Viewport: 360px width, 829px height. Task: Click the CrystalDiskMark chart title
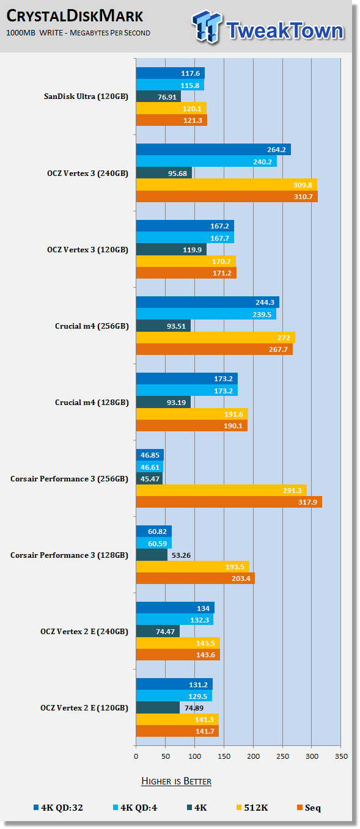pos(75,16)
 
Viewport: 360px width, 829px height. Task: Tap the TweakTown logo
pos(268,27)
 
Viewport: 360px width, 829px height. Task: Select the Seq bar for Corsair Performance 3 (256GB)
pos(229,502)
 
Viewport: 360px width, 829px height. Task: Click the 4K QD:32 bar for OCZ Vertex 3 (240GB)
pos(213,150)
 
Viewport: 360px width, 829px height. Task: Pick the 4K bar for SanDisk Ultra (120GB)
pos(158,97)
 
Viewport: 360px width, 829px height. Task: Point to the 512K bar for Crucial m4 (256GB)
pos(216,337)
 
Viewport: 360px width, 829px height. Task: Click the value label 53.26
pos(181,555)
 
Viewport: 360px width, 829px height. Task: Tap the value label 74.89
pos(194,708)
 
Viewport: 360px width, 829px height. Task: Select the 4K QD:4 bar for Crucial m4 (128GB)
pos(187,390)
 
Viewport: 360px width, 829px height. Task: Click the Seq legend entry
pos(309,808)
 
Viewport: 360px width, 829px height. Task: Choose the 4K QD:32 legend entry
pos(58,808)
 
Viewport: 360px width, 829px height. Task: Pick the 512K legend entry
pos(252,808)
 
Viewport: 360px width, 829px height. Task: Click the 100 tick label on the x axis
pos(194,756)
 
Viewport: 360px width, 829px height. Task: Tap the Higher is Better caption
pos(176,781)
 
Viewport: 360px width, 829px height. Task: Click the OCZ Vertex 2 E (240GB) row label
pos(84,632)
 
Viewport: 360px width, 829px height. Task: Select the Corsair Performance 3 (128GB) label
pos(69,555)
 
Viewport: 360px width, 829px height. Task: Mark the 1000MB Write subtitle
pos(78,33)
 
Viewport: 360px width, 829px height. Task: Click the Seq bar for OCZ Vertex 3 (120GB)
pos(186,272)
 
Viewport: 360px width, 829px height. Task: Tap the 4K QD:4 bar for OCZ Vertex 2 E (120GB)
pos(174,696)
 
